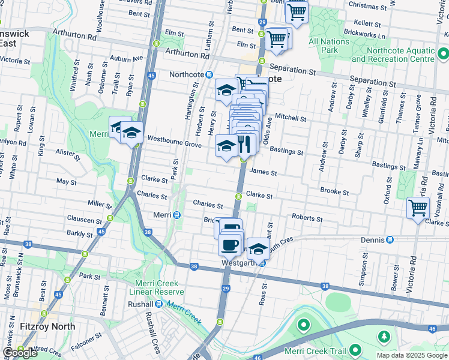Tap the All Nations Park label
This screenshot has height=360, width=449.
[x=328, y=46]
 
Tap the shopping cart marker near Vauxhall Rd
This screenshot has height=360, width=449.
[x=418, y=208]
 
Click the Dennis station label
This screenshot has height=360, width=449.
[x=373, y=239]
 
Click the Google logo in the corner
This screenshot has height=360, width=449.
[x=20, y=353]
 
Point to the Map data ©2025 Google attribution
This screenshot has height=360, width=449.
[x=412, y=355]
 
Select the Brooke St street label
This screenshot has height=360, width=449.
[x=334, y=192]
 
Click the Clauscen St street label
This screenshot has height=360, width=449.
[x=85, y=220]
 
